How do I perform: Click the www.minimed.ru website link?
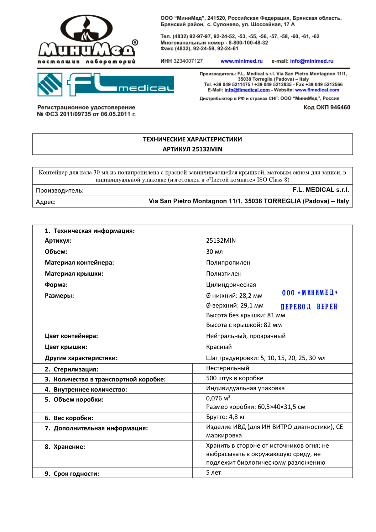[242, 61]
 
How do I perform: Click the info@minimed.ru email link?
[311, 61]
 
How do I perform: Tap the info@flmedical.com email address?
[247, 90]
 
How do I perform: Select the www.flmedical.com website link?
[317, 90]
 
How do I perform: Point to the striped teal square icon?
[50, 84]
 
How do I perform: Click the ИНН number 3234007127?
[188, 61]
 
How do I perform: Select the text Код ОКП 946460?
[326, 108]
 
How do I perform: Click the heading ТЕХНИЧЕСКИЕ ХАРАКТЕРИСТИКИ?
[192, 140]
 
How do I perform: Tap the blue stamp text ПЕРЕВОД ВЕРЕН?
[309, 307]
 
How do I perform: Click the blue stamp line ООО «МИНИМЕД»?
[310, 293]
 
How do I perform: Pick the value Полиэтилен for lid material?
[224, 274]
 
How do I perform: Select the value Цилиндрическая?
[231, 285]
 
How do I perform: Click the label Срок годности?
[76, 474]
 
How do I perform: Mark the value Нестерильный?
[227, 368]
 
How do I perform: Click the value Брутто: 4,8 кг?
[226, 417]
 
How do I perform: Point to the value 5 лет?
[213, 473]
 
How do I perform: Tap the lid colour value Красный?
[219, 347]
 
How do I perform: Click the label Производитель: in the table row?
[60, 191]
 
